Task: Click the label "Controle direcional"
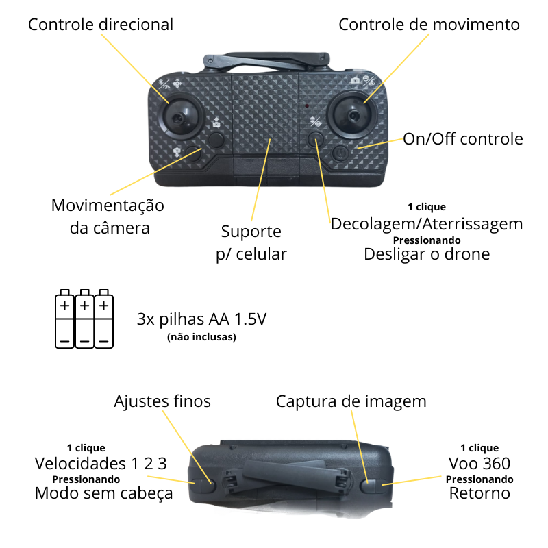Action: click(x=100, y=25)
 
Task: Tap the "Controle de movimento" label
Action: click(x=429, y=25)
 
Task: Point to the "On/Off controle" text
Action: click(x=462, y=139)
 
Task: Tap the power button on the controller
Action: click(x=342, y=152)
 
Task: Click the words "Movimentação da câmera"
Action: click(x=108, y=216)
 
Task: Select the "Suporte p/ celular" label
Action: click(x=251, y=242)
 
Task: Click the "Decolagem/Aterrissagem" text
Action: click(x=427, y=224)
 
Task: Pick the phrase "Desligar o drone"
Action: click(x=427, y=254)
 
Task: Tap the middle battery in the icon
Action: click(x=84, y=317)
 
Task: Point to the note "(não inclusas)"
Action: click(x=201, y=337)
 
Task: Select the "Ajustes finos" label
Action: click(x=162, y=401)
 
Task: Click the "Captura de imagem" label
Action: click(x=351, y=401)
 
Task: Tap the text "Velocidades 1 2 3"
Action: click(x=101, y=463)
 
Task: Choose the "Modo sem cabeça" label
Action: click(x=103, y=493)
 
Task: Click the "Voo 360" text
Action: click(x=480, y=463)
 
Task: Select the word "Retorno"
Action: click(x=480, y=493)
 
